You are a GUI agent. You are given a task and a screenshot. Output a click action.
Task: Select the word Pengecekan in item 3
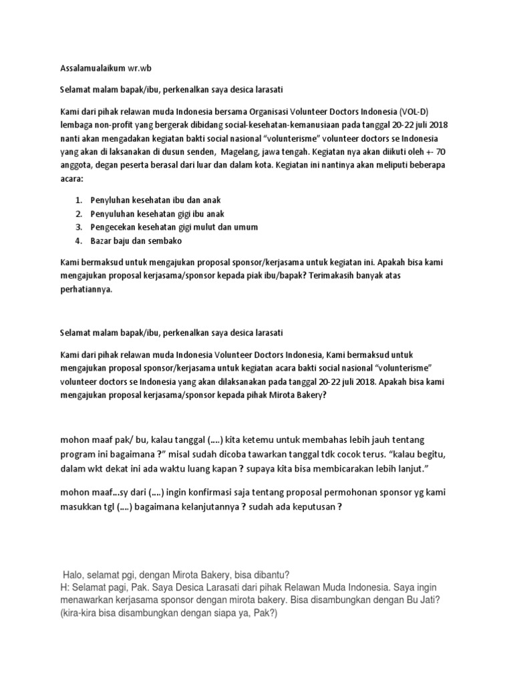(x=112, y=227)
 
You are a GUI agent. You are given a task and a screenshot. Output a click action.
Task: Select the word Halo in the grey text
(x=73, y=575)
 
